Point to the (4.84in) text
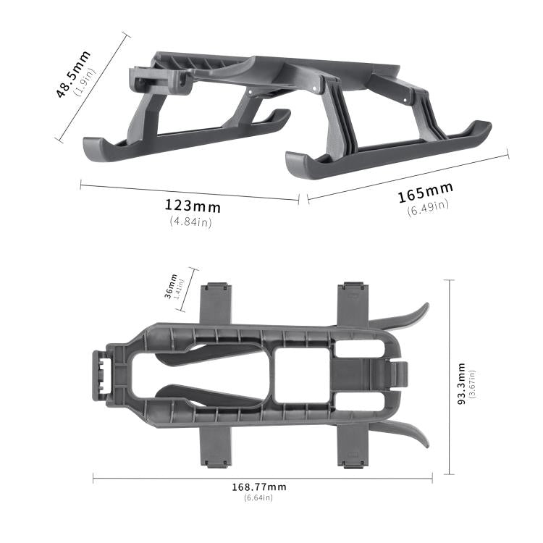[190, 222]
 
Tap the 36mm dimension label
[171, 285]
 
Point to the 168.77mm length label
[258, 487]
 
